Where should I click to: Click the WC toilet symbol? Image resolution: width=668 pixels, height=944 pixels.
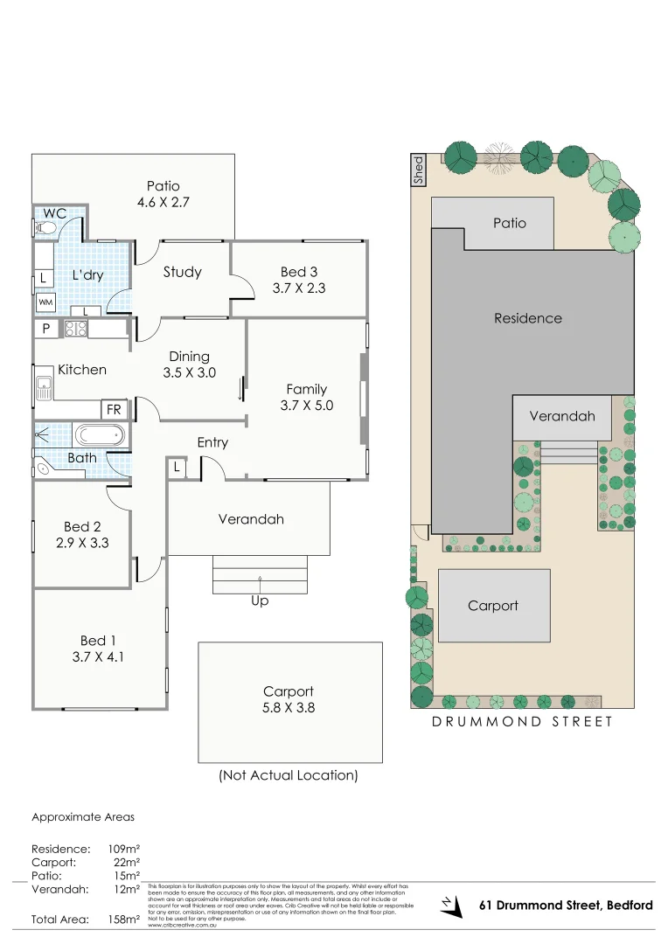pyautogui.click(x=46, y=229)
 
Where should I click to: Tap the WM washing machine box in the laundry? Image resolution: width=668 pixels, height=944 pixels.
pyautogui.click(x=44, y=302)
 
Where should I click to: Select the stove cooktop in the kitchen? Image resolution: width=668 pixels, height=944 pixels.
pyautogui.click(x=75, y=330)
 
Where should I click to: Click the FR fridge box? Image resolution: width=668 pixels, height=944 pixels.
pyautogui.click(x=114, y=409)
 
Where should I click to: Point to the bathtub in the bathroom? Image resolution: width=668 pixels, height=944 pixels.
pyautogui.click(x=99, y=434)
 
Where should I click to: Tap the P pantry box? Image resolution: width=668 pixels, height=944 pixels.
pyautogui.click(x=45, y=330)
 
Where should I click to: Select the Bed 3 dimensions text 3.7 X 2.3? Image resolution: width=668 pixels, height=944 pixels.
pyautogui.click(x=298, y=288)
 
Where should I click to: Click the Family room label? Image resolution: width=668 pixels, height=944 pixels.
pyautogui.click(x=306, y=389)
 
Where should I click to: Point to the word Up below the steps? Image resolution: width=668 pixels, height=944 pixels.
pyautogui.click(x=260, y=600)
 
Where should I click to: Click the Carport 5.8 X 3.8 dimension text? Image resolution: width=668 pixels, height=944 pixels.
pyautogui.click(x=289, y=707)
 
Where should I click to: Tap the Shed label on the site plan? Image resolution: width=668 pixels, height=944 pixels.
pyautogui.click(x=418, y=170)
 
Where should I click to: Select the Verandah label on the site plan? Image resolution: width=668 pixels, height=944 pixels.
pyautogui.click(x=562, y=416)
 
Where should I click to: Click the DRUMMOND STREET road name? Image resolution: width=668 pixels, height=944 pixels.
pyautogui.click(x=522, y=721)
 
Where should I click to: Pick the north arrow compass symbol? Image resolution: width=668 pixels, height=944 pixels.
pyautogui.click(x=451, y=906)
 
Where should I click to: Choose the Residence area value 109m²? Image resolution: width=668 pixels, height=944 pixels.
pyautogui.click(x=123, y=849)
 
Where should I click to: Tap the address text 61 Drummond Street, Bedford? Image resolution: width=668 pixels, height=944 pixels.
pyautogui.click(x=566, y=905)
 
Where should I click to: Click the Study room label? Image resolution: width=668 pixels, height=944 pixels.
pyautogui.click(x=182, y=272)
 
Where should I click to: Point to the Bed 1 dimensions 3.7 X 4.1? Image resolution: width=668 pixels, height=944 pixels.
pyautogui.click(x=98, y=656)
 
